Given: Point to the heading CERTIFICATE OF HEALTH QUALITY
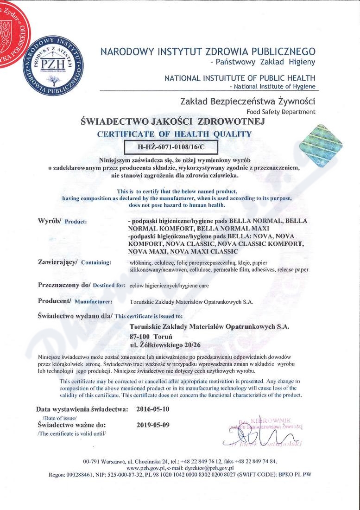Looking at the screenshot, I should [x=174, y=134].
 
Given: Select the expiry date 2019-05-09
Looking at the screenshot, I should [x=153, y=424].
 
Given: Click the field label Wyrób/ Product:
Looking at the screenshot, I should [x=62, y=221].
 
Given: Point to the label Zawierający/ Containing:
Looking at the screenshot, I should [x=74, y=262].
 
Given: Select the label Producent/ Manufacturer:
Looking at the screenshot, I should [x=75, y=301].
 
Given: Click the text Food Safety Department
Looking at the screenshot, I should [x=281, y=112].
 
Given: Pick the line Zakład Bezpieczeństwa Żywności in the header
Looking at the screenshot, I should [x=248, y=101].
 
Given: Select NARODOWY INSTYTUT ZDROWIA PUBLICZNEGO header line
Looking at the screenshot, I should [x=208, y=51].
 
